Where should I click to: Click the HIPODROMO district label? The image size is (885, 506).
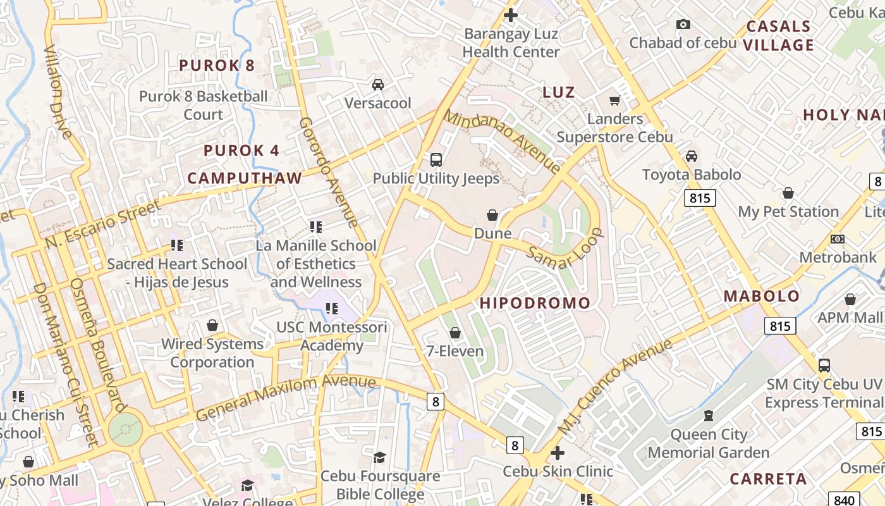535,303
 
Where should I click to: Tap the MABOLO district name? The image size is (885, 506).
762,296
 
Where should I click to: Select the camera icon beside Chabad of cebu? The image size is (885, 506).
683,25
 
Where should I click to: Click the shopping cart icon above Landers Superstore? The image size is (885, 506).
614,100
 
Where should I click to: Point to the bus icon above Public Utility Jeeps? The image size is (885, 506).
436,160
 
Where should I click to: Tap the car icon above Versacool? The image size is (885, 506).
378,85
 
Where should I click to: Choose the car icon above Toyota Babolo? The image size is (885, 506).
692,156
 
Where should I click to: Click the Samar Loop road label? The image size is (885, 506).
565,249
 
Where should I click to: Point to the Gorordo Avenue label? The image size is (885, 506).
328,172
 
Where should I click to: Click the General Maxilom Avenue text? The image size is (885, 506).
285,397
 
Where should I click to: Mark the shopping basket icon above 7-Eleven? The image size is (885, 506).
455,333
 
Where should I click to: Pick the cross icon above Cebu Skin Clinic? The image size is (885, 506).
558,453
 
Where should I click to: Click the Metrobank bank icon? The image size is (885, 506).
838,239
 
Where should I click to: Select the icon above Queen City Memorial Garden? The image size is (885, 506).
708,416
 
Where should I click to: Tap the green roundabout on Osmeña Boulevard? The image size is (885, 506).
125,429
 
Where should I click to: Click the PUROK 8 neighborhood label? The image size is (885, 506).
217,65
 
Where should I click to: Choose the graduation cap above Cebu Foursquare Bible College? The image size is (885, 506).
379,457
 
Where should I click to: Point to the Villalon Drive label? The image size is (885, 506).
58,92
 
